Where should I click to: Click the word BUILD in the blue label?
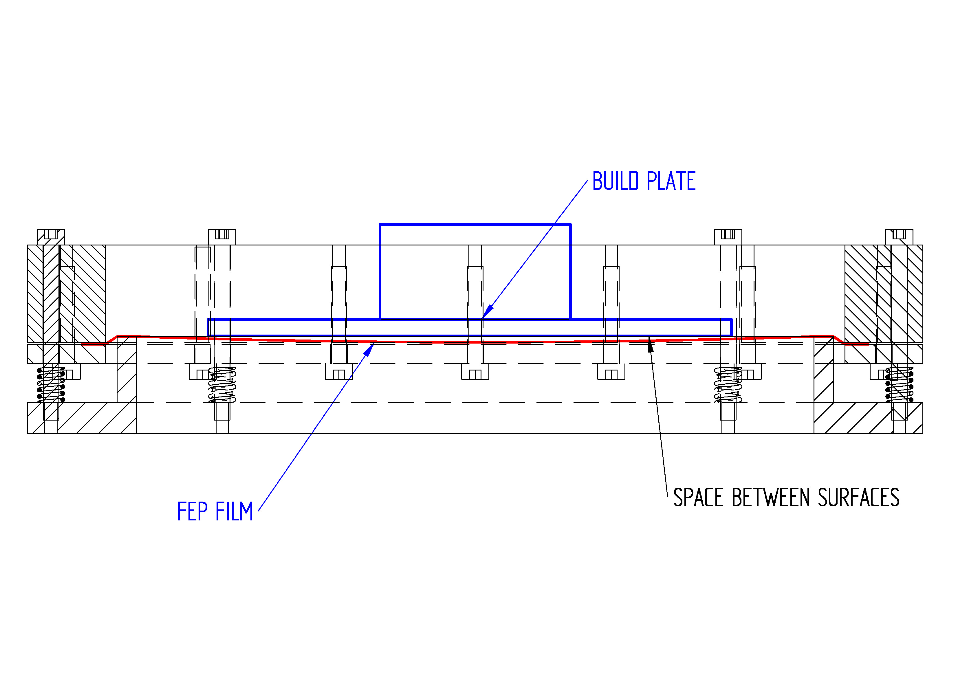coord(616,181)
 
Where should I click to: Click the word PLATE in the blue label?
coord(671,181)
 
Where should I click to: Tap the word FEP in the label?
coord(192,511)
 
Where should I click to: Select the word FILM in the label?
coord(235,511)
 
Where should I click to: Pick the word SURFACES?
coord(858,498)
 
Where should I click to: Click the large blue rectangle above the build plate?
coord(475,271)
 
